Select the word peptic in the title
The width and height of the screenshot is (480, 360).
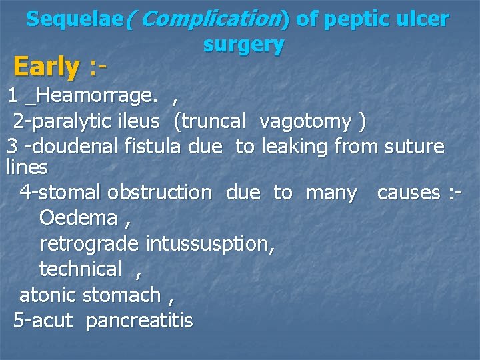357,19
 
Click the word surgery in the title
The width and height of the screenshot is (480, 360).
243,45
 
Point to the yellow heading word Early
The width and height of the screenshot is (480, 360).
46,67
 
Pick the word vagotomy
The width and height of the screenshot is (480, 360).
305,121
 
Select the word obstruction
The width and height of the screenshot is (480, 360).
159,193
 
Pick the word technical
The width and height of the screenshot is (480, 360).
81,269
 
